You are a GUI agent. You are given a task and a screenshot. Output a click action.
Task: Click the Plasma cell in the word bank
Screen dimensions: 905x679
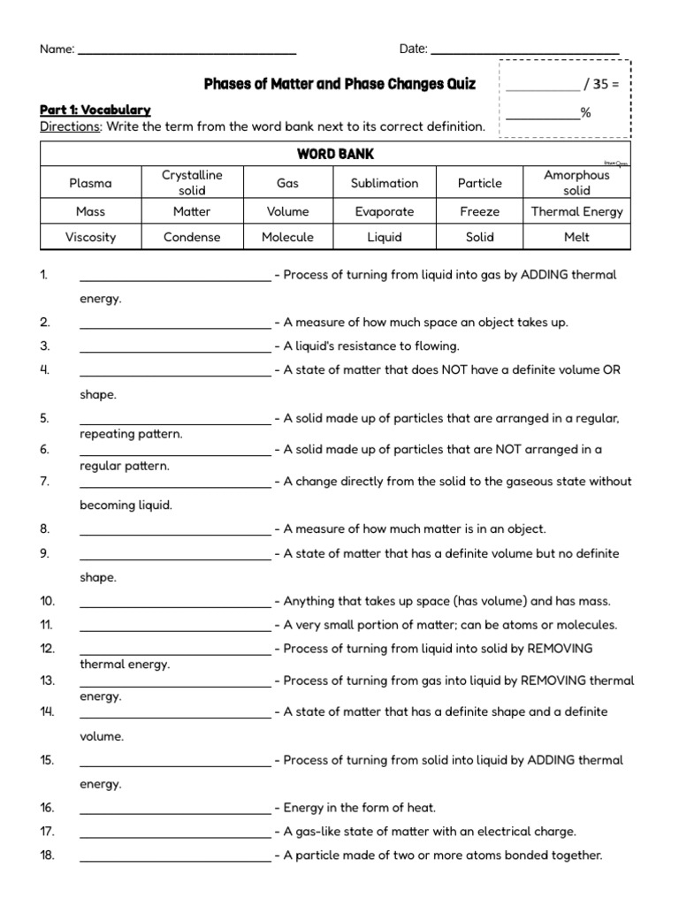click(x=90, y=183)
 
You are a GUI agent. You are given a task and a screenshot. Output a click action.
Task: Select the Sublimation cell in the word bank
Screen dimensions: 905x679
click(x=384, y=183)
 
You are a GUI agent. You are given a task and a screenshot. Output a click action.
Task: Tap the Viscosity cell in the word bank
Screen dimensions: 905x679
click(x=90, y=237)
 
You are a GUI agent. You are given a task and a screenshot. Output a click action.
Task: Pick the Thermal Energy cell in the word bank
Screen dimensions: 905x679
click(x=576, y=211)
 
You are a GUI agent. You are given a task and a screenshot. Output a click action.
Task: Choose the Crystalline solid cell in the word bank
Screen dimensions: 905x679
click(x=192, y=183)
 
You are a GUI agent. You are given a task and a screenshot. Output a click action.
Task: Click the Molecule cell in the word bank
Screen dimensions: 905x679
click(x=287, y=237)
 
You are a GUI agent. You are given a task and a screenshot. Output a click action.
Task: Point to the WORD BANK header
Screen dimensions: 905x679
click(x=335, y=154)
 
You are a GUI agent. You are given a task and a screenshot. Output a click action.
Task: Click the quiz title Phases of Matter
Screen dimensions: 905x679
click(x=339, y=85)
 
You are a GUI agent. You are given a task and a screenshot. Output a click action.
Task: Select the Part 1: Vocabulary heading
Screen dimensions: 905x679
click(x=95, y=110)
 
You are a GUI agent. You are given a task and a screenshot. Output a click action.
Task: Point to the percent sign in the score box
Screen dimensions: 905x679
click(x=585, y=112)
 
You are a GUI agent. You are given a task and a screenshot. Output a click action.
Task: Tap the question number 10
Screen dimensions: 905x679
click(x=47, y=601)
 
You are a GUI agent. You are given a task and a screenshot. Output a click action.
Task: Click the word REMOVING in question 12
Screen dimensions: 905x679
click(x=560, y=648)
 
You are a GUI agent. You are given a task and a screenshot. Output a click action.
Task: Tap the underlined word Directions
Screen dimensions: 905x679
click(x=71, y=126)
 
